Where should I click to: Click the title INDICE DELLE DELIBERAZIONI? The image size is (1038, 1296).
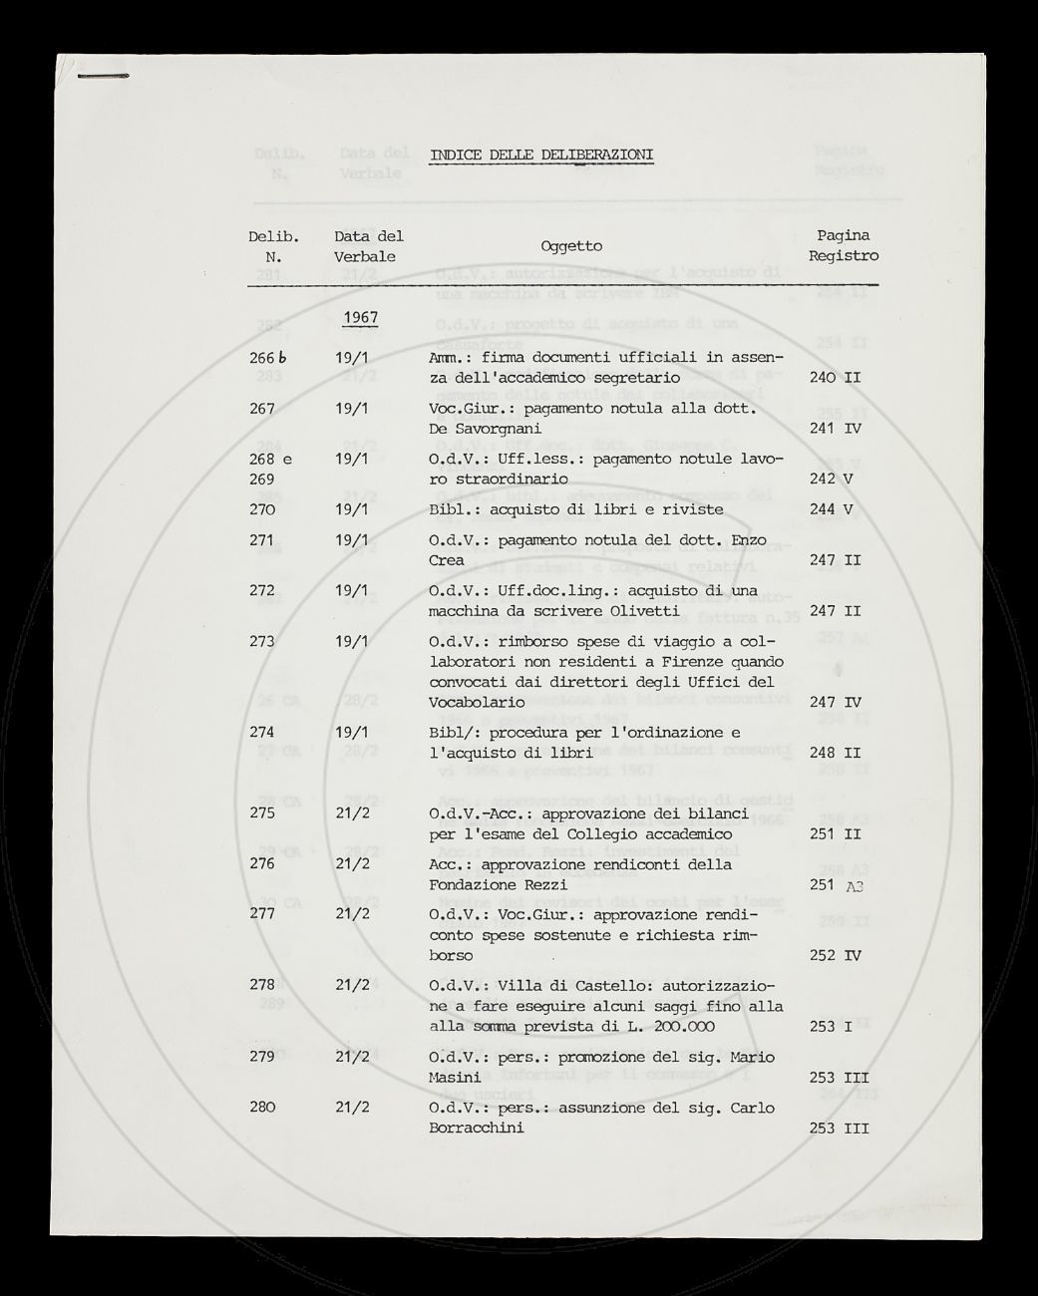tap(541, 155)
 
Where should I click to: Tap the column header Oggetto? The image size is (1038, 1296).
tap(571, 246)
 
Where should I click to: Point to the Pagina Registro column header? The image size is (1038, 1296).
tap(844, 246)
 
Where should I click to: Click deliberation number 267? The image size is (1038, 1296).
tap(262, 408)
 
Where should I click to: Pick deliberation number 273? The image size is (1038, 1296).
tap(262, 641)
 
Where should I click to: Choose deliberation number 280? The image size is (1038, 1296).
tap(262, 1108)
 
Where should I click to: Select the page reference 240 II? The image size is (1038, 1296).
tap(835, 378)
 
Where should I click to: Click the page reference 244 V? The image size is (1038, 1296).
tap(832, 509)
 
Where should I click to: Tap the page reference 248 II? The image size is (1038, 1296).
tap(835, 753)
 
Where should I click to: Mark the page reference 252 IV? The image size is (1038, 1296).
tap(835, 955)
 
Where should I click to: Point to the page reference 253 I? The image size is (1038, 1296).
tap(831, 1026)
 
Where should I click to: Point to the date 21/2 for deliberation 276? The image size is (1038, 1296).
tap(353, 863)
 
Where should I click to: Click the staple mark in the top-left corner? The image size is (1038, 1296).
tap(103, 76)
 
